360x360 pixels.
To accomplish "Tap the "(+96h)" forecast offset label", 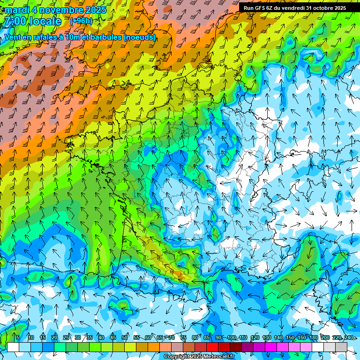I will click(x=81, y=21).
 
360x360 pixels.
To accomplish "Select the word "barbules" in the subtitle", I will click(x=105, y=37).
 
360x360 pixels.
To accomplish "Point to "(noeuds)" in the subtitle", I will click(x=140, y=37).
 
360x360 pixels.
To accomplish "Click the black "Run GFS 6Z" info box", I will click(x=295, y=7).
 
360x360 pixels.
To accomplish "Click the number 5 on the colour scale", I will click(x=18, y=338).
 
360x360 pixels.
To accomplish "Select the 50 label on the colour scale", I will click(x=125, y=338).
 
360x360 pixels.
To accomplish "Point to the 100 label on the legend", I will click(x=231, y=338).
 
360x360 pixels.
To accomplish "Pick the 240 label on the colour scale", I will click(x=348, y=338).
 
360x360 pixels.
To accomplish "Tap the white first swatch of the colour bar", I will click(x=13, y=347).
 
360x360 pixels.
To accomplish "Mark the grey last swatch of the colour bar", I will click(x=341, y=347).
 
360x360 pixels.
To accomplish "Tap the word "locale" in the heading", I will click(x=45, y=22).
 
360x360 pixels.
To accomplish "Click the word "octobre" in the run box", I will click(x=321, y=7).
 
